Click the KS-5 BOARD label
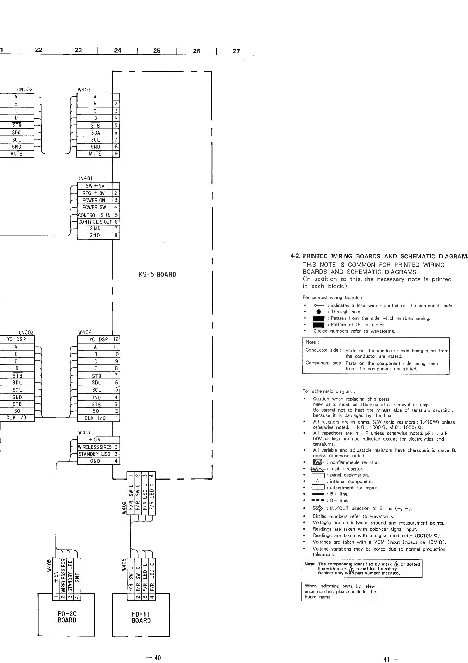pyautogui.click(x=157, y=275)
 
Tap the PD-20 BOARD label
pyautogui.click(x=67, y=617)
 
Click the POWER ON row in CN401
pyautogui.click(x=94, y=200)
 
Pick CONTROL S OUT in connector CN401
pyautogui.click(x=95, y=222)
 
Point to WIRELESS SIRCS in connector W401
pyautogui.click(x=95, y=447)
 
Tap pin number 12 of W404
pyautogui.click(x=116, y=340)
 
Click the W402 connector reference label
pyautogui.click(x=124, y=507)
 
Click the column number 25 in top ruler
pyautogui.click(x=157, y=51)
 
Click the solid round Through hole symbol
pyautogui.click(x=319, y=312)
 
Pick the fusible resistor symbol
pyautogui.click(x=318, y=469)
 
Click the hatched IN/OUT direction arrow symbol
pyautogui.click(x=318, y=509)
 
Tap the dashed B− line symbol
pyautogui.click(x=318, y=500)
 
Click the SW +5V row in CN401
pyautogui.click(x=95, y=186)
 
